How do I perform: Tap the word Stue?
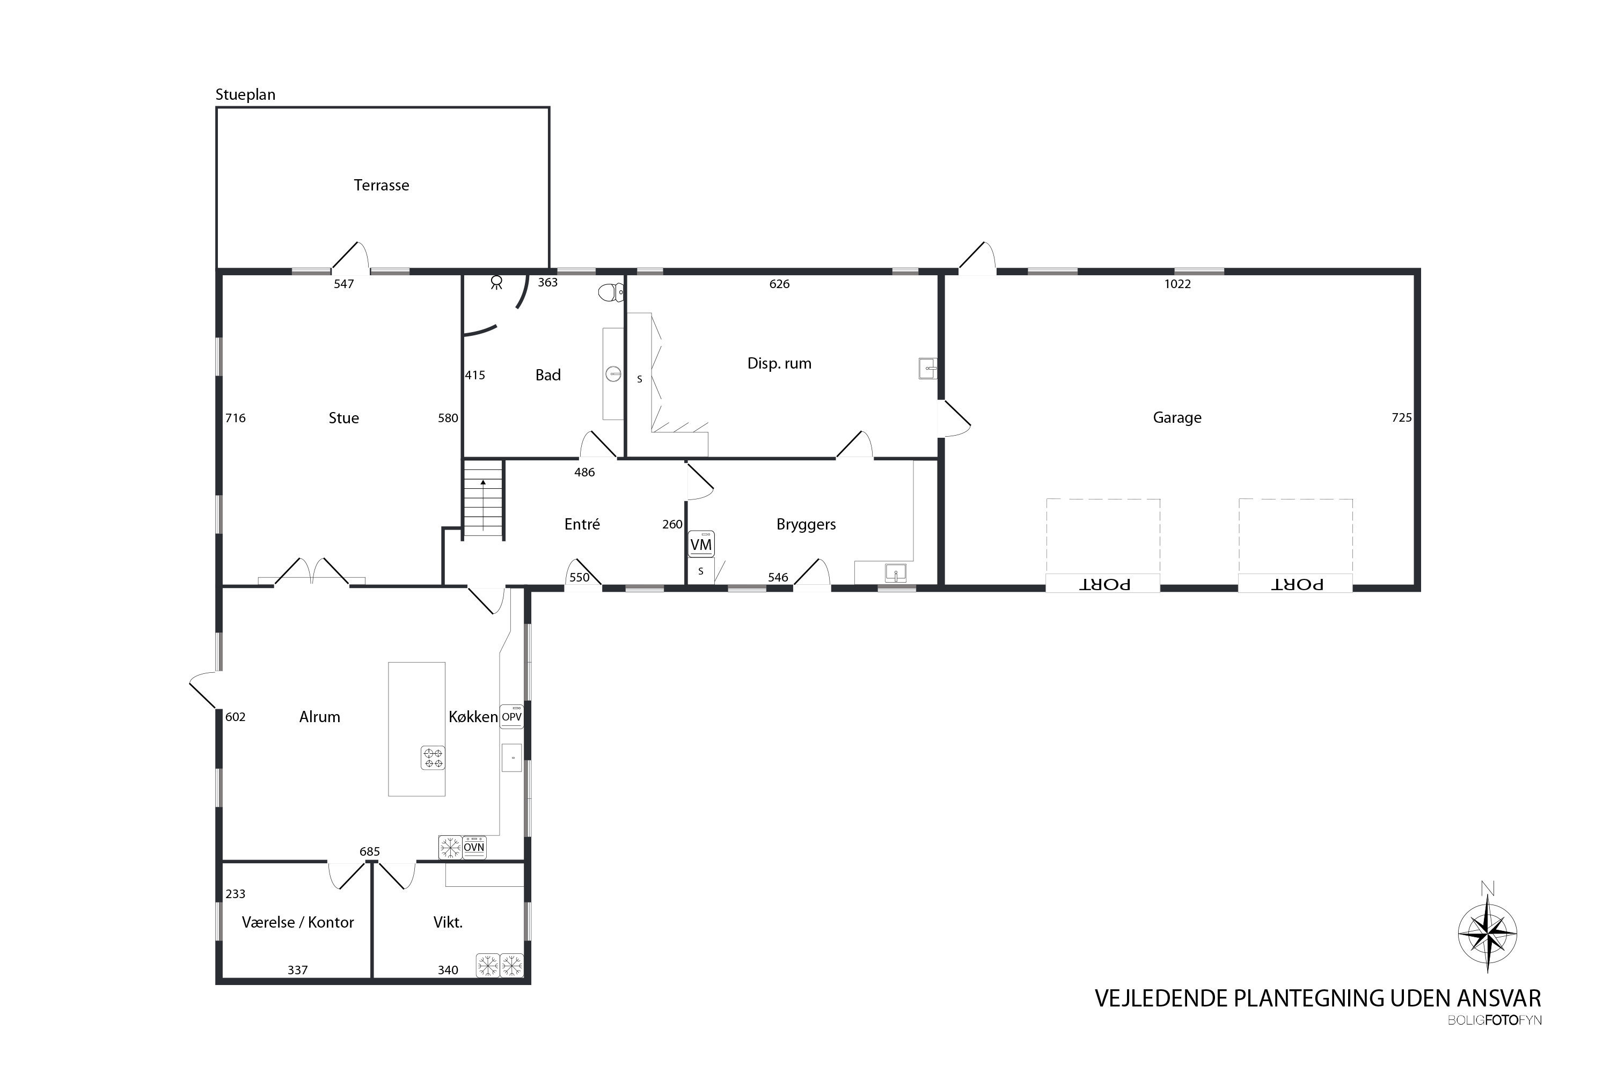343,418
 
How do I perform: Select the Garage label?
1177,417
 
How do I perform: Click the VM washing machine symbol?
701,544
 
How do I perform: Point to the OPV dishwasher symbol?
512,716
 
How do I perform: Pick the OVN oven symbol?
474,847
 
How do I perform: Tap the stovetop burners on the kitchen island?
433,758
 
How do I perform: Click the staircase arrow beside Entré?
484,505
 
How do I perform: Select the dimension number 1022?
1177,284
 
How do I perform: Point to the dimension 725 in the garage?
1401,417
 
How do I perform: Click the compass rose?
1488,934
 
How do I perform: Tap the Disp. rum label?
779,363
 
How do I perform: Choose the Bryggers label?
806,525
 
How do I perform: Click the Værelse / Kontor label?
298,922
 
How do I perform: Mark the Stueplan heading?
245,94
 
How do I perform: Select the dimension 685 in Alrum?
370,852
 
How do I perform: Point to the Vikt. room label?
448,922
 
